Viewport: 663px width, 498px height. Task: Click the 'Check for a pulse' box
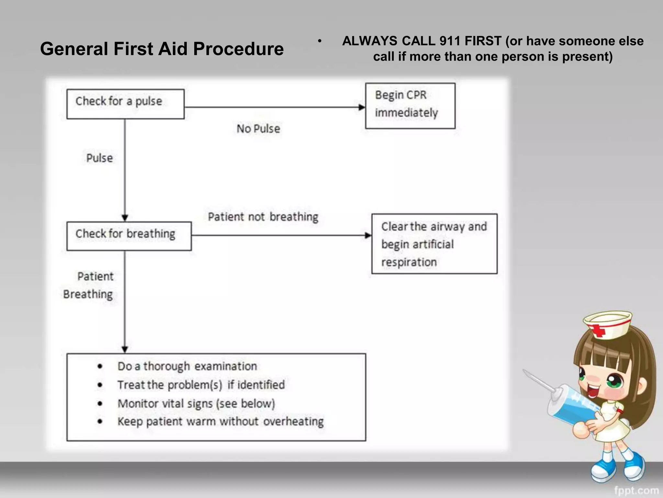125,104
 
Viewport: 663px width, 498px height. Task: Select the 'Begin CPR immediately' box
410,106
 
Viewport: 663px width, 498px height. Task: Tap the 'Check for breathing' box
129,236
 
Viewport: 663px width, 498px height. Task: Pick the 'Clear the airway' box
434,243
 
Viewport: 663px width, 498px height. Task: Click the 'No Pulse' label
258,129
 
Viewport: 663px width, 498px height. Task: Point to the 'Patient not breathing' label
263,217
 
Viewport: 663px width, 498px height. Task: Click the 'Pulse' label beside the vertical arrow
99,158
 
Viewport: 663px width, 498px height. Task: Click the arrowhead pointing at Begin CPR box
362,107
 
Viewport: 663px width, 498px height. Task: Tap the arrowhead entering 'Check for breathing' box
125,218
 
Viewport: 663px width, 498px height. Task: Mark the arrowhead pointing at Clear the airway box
368,235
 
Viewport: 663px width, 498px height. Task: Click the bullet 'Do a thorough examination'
187,366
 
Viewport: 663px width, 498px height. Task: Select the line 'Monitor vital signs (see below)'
196,404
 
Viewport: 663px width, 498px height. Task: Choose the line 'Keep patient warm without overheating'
220,421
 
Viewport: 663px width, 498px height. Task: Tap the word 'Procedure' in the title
238,49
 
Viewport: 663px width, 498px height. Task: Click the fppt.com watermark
636,491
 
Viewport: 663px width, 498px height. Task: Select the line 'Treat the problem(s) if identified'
201,385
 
